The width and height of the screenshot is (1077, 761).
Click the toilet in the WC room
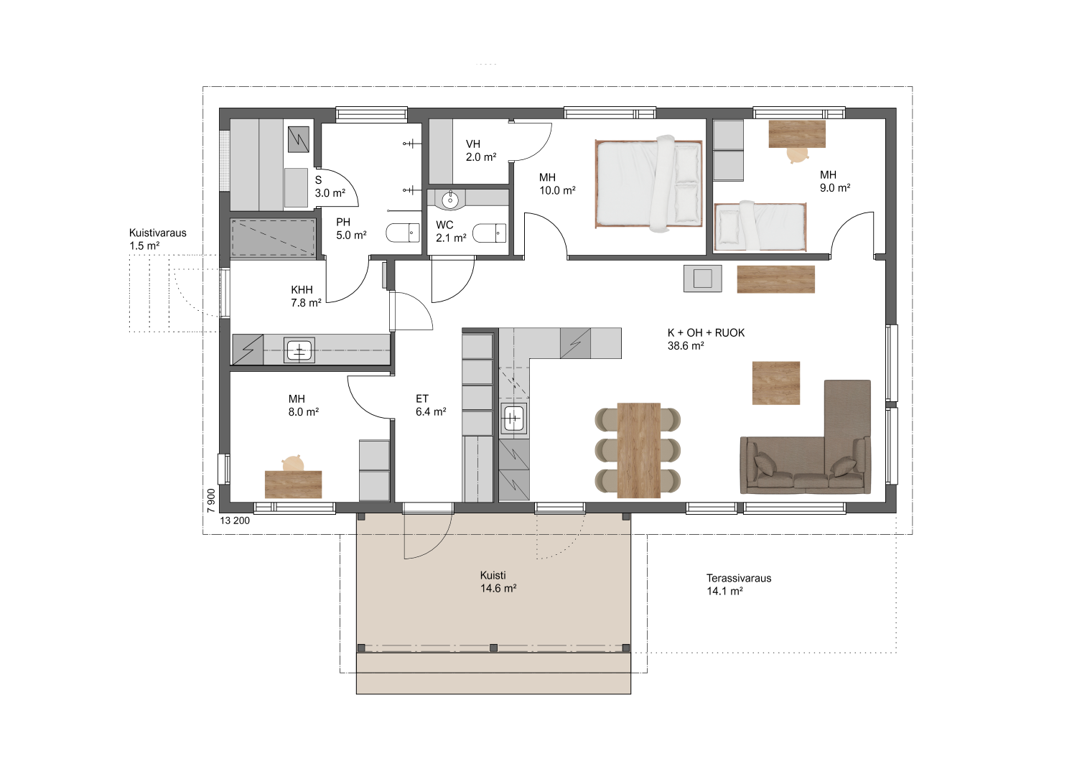(490, 233)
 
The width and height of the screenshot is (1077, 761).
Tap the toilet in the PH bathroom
(403, 233)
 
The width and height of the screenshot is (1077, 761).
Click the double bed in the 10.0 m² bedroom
(648, 184)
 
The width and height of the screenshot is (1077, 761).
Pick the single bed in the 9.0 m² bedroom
(760, 226)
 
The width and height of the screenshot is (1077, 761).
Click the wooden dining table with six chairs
(638, 450)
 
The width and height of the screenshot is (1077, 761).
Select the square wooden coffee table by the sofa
(776, 383)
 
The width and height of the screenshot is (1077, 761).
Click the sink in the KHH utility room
(299, 350)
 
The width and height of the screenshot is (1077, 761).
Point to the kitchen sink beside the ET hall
(513, 419)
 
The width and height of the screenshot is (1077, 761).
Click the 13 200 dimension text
(235, 520)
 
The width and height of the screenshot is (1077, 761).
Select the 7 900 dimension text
(210, 501)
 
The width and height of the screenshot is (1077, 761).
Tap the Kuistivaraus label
(158, 233)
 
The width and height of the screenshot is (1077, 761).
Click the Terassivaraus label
(739, 579)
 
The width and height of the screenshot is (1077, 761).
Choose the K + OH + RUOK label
(706, 332)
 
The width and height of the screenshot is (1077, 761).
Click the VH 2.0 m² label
(481, 151)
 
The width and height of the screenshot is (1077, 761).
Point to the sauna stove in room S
(298, 139)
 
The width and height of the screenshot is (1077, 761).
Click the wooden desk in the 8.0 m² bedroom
(293, 485)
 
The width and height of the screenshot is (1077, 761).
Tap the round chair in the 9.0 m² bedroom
(798, 155)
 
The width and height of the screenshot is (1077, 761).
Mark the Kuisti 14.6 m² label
(498, 582)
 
